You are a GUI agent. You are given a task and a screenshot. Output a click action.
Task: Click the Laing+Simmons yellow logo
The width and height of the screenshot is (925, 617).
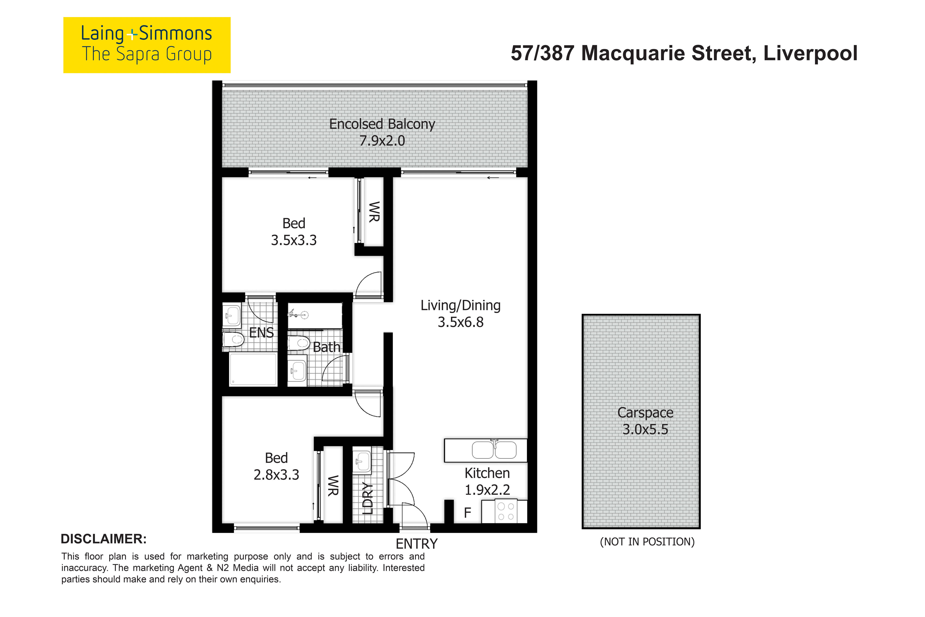(147, 45)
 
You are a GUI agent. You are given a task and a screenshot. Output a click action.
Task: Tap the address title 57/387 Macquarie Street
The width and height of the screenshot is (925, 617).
(684, 53)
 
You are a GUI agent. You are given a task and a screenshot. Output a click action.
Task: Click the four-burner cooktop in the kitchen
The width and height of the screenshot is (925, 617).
(505, 511)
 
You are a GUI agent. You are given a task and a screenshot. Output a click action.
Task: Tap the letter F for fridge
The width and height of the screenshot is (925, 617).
(467, 513)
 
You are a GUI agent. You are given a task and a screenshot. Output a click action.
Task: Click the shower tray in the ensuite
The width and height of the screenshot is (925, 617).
(253, 369)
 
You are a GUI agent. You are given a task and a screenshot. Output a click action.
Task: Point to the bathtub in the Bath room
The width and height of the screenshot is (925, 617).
(315, 316)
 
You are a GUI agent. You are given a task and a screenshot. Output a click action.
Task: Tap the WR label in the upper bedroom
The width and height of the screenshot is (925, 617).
(374, 212)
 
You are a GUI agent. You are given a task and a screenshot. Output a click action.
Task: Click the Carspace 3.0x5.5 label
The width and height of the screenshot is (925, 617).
(645, 421)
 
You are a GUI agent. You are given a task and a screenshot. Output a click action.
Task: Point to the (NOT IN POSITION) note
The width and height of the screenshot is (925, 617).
(647, 542)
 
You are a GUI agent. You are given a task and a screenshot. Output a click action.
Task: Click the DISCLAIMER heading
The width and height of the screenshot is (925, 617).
(103, 539)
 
